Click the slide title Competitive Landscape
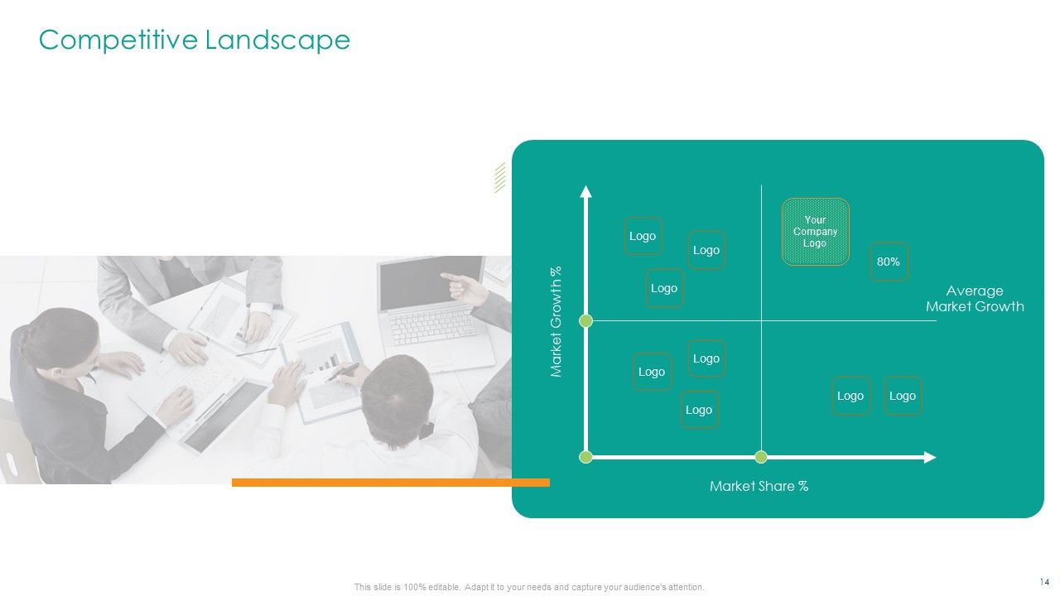point(195,40)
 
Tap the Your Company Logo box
point(816,232)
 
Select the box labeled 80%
point(889,262)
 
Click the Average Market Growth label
point(975,299)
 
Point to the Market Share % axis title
point(759,486)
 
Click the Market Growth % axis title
point(556,321)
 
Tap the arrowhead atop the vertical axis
point(586,192)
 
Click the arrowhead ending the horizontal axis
point(930,457)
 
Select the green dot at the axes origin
point(586,457)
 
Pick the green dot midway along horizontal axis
point(761,457)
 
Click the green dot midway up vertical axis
point(586,320)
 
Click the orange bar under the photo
point(390,482)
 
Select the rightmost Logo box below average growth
point(903,396)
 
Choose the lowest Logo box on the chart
point(699,410)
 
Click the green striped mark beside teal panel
point(499,177)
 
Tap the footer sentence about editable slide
point(529,587)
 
